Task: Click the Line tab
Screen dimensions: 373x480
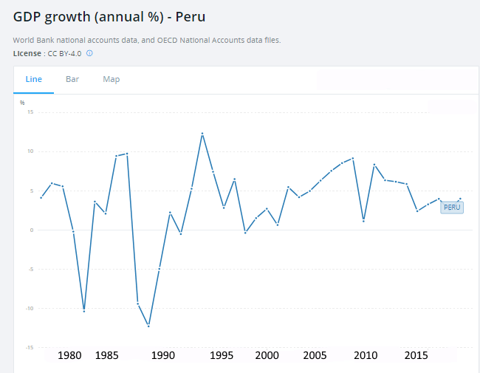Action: (34, 79)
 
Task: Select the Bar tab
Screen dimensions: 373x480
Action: (72, 79)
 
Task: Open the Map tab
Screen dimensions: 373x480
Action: (111, 79)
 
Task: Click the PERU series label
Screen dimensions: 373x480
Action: (452, 208)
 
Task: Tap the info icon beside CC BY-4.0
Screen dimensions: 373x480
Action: (89, 54)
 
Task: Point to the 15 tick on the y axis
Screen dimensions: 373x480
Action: (30, 112)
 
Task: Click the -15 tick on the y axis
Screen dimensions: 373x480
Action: (30, 347)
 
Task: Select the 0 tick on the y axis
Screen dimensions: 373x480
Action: (32, 230)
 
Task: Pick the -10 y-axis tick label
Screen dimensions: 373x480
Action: (30, 308)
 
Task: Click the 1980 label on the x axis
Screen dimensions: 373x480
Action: (69, 355)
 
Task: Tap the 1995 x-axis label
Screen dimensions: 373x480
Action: (222, 355)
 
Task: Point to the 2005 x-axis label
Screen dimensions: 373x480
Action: (315, 355)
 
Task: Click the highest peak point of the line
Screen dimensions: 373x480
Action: (202, 134)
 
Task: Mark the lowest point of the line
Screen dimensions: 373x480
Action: (148, 326)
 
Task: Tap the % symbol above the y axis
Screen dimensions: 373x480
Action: (22, 102)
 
